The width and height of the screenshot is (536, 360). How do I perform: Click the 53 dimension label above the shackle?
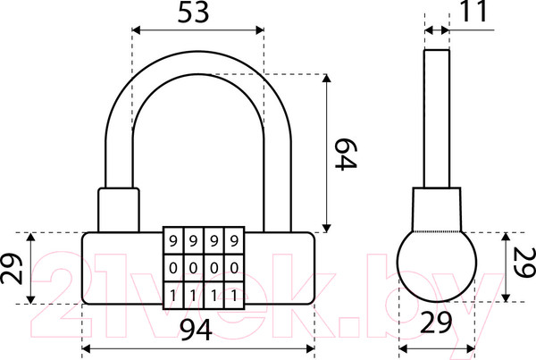click(x=197, y=13)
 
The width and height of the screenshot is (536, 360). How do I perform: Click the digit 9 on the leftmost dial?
click(x=172, y=240)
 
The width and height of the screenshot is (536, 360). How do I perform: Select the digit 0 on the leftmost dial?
click(x=172, y=267)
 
